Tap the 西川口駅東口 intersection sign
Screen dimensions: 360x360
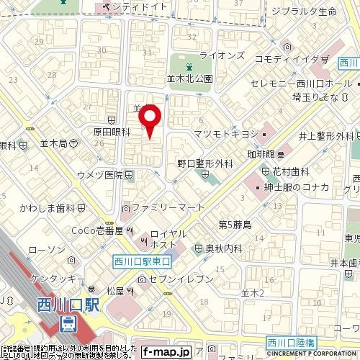click(142, 262)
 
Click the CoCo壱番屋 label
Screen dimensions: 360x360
click(98, 230)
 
